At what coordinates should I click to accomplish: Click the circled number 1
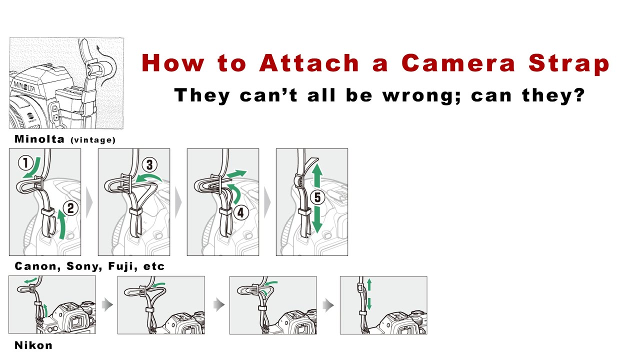[25, 162]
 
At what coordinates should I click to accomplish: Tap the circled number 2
[70, 208]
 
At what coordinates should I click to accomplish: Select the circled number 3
[149, 164]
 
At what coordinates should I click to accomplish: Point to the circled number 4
[240, 212]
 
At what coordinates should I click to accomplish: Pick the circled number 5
[317, 197]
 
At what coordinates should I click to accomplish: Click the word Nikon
[33, 345]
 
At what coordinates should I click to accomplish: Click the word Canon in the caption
[35, 266]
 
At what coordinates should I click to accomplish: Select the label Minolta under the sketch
[39, 139]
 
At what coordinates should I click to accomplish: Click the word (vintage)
[93, 140]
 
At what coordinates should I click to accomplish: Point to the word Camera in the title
[459, 63]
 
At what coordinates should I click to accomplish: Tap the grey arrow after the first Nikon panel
[106, 304]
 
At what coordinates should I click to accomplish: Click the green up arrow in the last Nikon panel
[369, 284]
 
